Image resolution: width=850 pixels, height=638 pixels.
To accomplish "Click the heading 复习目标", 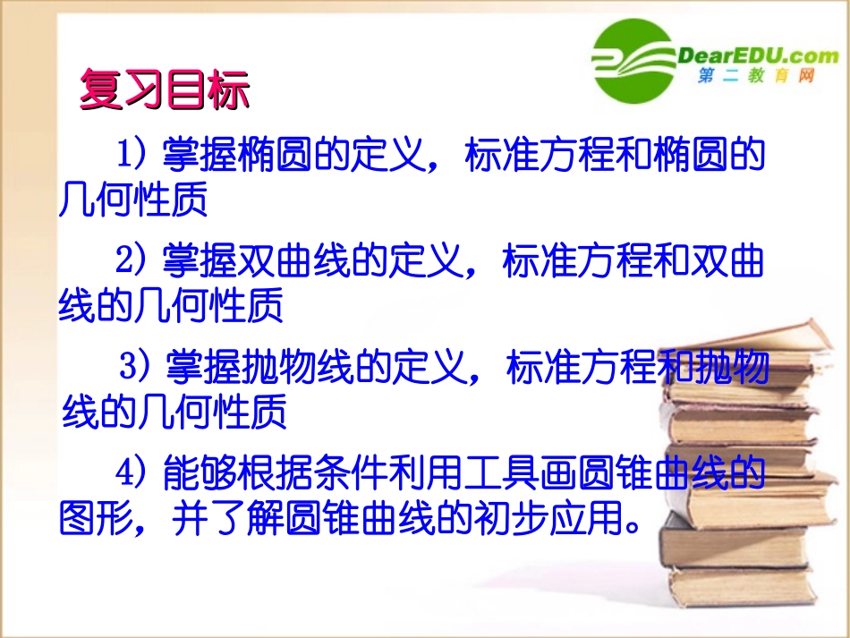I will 165,90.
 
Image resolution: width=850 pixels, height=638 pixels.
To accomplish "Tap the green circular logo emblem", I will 633,62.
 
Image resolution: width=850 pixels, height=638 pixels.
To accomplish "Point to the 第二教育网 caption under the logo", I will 757,78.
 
